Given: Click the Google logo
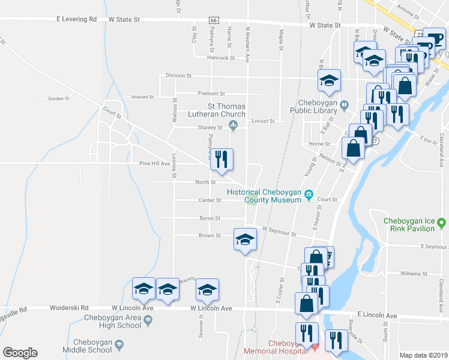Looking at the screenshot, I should coord(20,353).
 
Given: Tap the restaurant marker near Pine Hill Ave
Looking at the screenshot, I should coord(221,160).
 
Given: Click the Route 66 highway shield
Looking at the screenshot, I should coord(213,20).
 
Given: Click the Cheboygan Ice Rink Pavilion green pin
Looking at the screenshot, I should coord(442,223).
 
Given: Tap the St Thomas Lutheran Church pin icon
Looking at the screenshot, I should coord(234,125).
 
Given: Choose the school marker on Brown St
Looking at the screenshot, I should coord(244,241).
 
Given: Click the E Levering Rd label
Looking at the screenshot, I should coord(77,19).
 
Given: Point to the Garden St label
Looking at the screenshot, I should coord(59,99).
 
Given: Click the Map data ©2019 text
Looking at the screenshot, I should coord(423,355).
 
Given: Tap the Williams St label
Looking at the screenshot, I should coord(413,274).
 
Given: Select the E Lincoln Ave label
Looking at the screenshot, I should coord(377,315).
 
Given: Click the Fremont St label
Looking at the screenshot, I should coord(212,94).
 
